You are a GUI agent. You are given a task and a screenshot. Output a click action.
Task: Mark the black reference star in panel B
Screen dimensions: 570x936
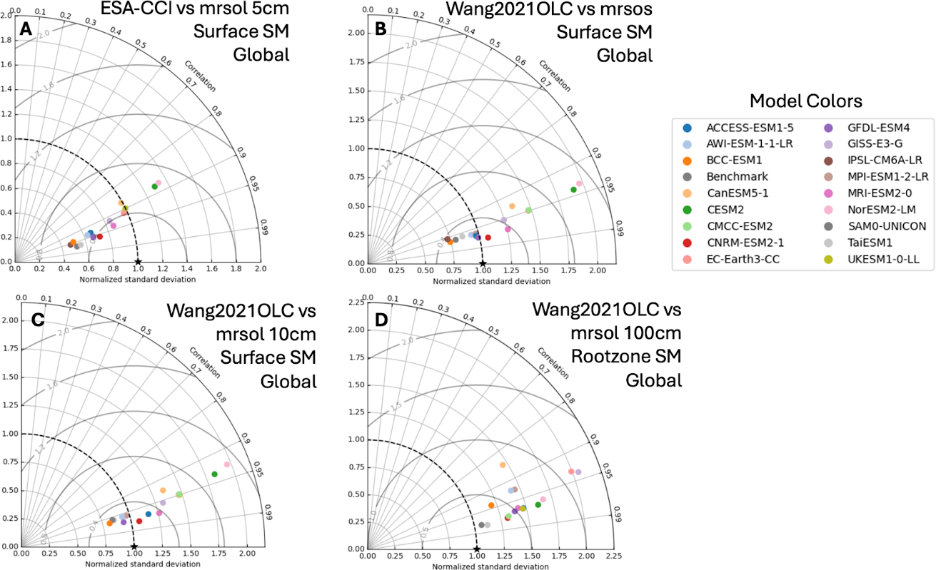coord(483,263)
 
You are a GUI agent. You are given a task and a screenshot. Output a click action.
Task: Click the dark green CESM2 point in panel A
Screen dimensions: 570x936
coord(154,186)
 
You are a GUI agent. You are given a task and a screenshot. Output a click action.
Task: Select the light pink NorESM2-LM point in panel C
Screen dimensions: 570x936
coord(227,464)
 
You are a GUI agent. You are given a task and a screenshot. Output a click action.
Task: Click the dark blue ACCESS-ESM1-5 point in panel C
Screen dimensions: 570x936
coord(149,514)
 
